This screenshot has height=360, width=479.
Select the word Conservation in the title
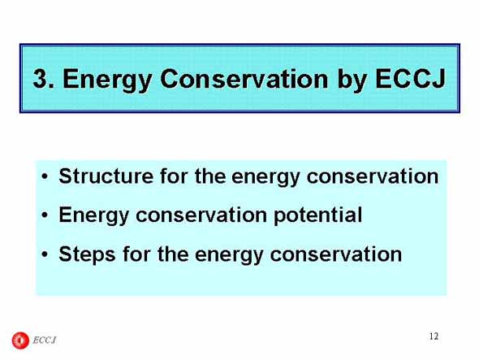pos(244,79)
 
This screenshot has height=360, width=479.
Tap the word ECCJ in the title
pos(410,79)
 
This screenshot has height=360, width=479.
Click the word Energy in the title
pos(107,81)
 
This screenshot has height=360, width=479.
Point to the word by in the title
pos(352,81)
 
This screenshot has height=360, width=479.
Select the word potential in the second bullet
pos(317,216)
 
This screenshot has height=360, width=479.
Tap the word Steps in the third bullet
pos(87,255)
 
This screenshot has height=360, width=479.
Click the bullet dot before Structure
pos(45,177)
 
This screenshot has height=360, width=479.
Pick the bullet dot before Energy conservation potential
pos(45,215)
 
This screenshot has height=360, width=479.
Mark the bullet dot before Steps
pos(45,254)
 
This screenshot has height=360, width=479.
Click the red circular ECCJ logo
pos(20,340)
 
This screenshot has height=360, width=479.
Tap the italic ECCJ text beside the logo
pos(45,340)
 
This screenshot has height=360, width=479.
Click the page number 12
pos(434,336)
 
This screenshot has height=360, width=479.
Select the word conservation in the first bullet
pos(373,176)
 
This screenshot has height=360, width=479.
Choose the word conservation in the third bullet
pos(336,254)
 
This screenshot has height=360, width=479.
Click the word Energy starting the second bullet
pos(94,216)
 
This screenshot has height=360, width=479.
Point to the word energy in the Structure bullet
pos(265,178)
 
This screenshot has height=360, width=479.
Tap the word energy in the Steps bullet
pos(229,256)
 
